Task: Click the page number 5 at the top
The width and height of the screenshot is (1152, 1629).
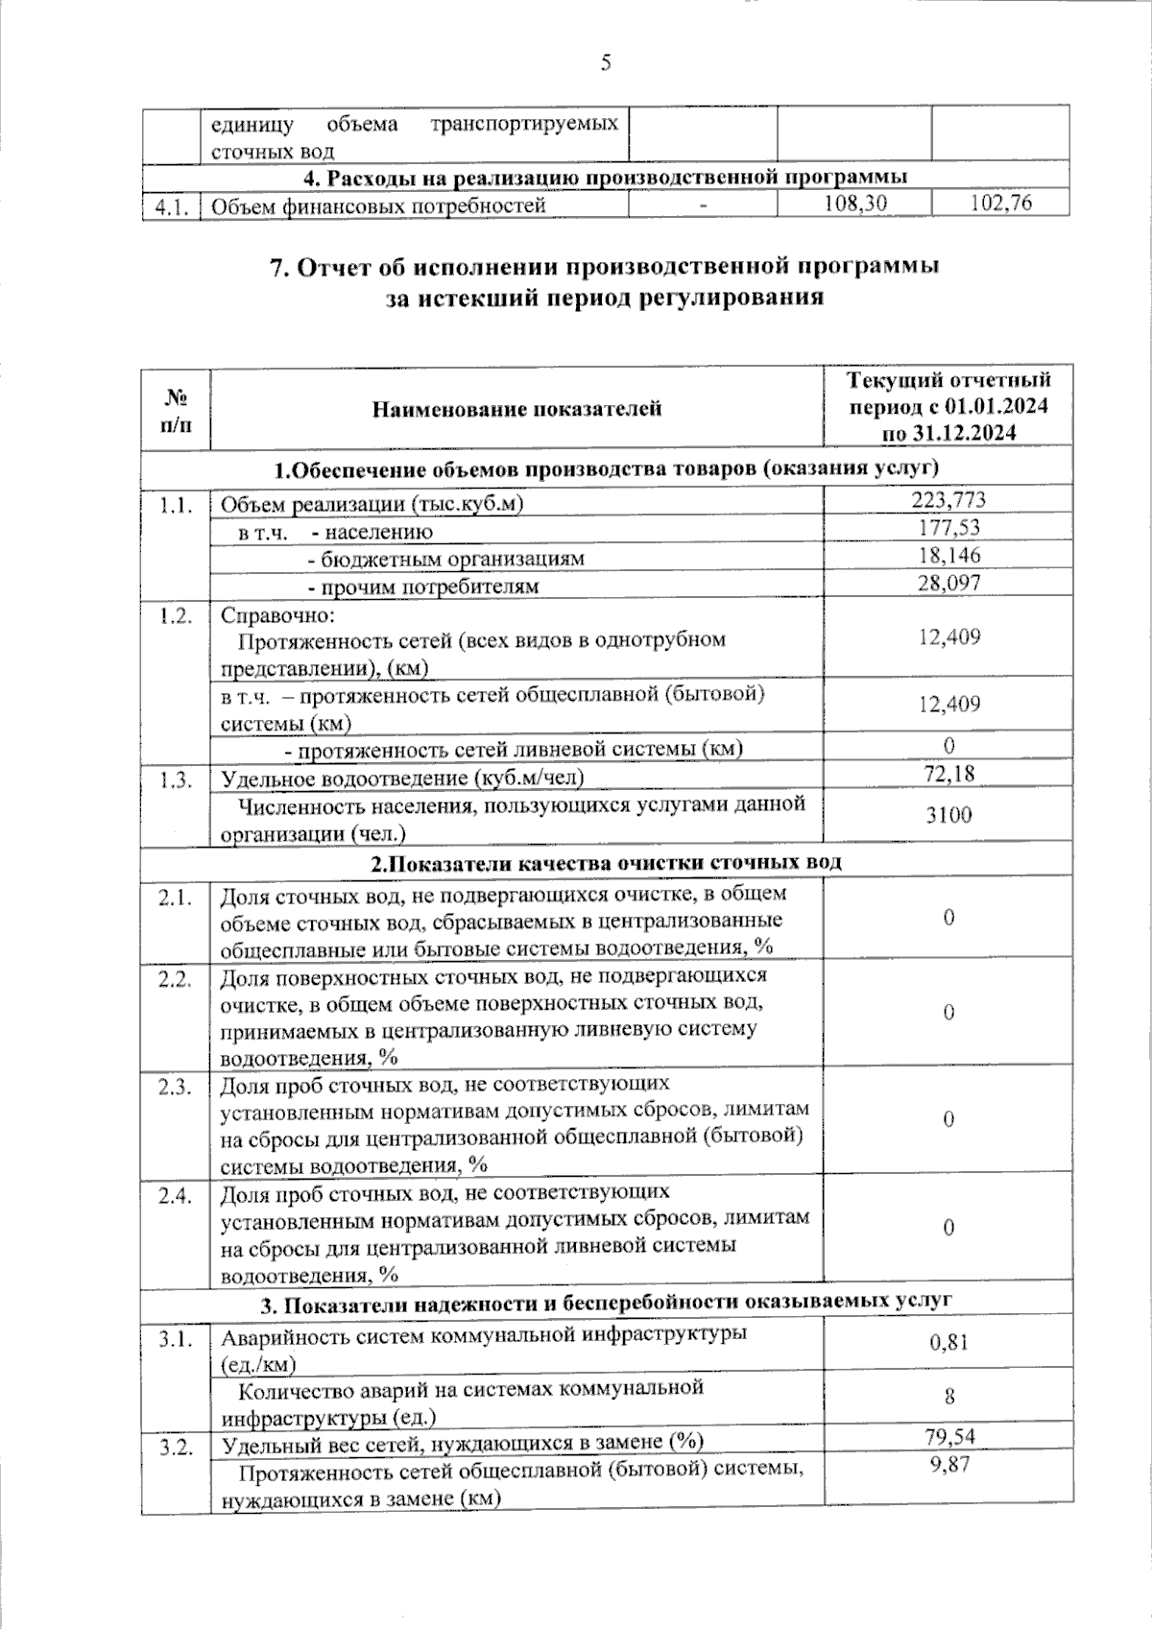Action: [x=605, y=63]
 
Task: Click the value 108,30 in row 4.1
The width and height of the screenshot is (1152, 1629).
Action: [x=855, y=204]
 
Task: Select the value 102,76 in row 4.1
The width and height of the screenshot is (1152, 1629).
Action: [x=1002, y=204]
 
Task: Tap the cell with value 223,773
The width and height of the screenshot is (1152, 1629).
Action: [x=948, y=499]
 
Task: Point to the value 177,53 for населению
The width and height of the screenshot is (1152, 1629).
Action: [x=948, y=527]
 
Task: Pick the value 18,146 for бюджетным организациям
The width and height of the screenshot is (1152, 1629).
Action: [x=948, y=555]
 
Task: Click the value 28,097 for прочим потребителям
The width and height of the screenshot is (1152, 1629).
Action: [x=948, y=583]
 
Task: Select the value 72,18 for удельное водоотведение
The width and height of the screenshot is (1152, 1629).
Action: [x=948, y=773]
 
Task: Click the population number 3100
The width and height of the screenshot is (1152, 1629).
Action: [x=948, y=815]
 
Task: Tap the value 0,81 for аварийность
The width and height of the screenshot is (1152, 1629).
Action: [x=948, y=1342]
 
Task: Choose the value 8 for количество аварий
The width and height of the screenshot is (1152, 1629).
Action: [x=948, y=1396]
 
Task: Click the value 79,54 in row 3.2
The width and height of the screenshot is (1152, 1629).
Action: [x=948, y=1437]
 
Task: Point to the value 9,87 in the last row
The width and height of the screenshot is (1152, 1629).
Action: [x=948, y=1464]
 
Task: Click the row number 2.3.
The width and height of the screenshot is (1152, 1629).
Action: [x=176, y=1086]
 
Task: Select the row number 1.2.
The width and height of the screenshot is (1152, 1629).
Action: [x=176, y=615]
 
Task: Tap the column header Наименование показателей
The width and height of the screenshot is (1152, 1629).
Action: [x=516, y=409]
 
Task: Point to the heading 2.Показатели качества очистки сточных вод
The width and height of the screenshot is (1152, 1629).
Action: [x=606, y=861]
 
